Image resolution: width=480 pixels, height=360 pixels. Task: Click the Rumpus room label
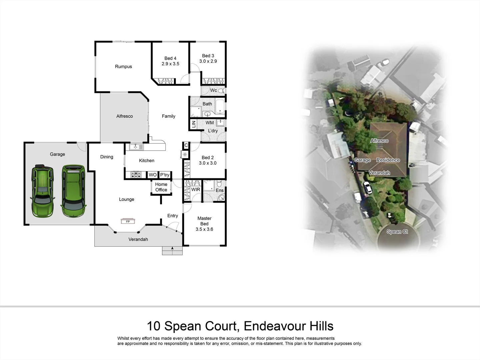click(x=123, y=67)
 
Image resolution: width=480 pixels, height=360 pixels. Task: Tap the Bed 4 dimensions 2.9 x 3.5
click(x=170, y=64)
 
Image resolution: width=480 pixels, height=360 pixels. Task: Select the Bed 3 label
click(x=208, y=56)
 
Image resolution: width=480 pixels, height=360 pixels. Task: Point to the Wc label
click(x=213, y=90)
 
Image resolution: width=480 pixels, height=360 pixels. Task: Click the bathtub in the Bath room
click(x=220, y=106)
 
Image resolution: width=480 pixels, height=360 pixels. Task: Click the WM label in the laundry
click(x=210, y=123)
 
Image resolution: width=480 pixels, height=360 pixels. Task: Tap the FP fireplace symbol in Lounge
click(x=128, y=221)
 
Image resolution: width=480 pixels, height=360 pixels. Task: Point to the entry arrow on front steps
click(x=172, y=248)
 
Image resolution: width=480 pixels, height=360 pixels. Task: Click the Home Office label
click(x=161, y=187)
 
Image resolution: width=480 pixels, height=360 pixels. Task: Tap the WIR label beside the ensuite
click(x=196, y=190)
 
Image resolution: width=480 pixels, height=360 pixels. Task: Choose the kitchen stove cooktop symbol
click(x=136, y=174)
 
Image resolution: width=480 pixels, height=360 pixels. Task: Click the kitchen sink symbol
click(x=136, y=146)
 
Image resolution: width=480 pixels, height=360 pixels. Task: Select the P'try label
click(x=165, y=175)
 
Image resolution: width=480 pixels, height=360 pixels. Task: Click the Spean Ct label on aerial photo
click(x=397, y=232)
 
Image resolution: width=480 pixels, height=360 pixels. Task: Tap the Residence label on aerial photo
click(x=388, y=160)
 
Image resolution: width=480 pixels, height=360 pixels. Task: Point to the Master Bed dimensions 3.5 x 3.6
click(x=204, y=229)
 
